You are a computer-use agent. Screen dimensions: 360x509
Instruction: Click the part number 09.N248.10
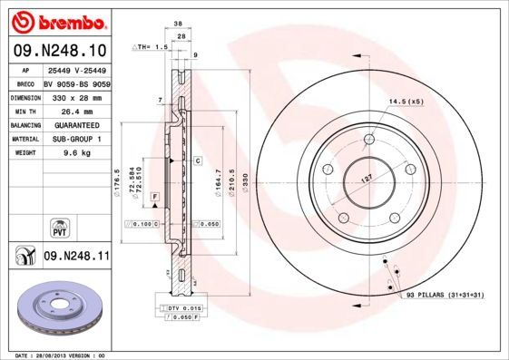(60, 51)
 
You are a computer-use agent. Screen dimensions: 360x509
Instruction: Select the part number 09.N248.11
(76, 257)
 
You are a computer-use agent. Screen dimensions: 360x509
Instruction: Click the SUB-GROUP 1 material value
(73, 139)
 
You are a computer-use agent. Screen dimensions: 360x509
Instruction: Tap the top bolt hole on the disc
(368, 139)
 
